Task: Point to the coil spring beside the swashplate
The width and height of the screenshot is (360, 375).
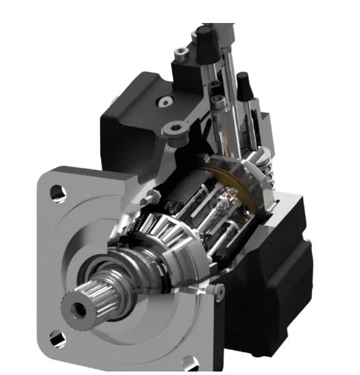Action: click(265, 174)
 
